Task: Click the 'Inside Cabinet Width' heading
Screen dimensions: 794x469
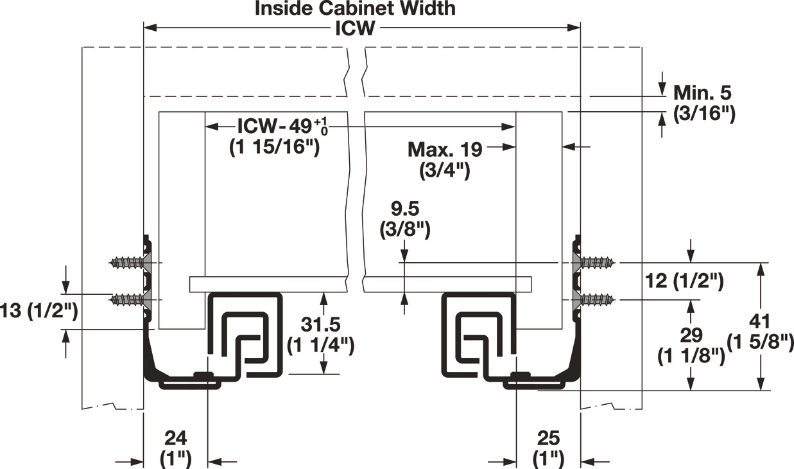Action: [x=355, y=8]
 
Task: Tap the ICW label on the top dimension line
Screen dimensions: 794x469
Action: [x=355, y=28]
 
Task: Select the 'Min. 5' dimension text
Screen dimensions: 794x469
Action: [x=702, y=93]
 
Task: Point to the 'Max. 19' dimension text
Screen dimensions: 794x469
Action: [x=445, y=149]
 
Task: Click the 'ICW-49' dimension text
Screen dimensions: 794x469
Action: [x=282, y=126]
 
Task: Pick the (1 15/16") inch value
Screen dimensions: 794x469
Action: [x=274, y=147]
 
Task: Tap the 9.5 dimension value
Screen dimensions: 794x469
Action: [x=405, y=209]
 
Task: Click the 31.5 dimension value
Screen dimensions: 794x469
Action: [x=320, y=324]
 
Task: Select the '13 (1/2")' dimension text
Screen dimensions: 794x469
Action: [x=39, y=312]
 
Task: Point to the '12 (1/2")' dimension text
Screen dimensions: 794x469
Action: [x=684, y=281]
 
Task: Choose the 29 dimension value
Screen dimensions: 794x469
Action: [x=691, y=335]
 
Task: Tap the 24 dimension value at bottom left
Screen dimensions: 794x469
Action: [x=175, y=439]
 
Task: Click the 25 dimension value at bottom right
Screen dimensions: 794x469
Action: [x=548, y=439]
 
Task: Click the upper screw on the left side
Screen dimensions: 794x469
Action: [x=130, y=263]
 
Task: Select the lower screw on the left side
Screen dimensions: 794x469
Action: [x=130, y=300]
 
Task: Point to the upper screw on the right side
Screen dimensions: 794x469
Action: [x=594, y=263]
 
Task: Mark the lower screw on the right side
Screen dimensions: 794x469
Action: [x=594, y=300]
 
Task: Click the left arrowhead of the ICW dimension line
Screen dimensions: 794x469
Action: [x=150, y=28]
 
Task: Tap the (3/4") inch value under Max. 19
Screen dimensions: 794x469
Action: [x=444, y=172]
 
